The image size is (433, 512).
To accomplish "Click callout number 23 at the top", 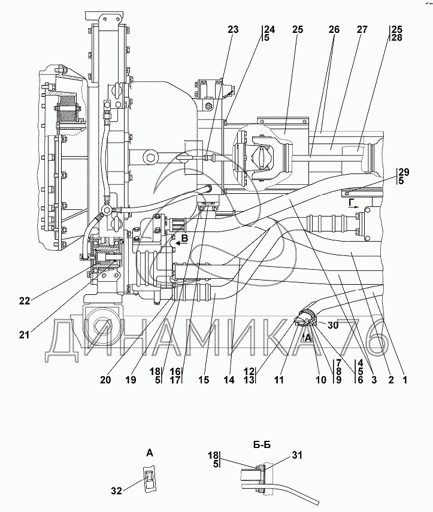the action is [233, 30].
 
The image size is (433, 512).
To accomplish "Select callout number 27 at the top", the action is [362, 30].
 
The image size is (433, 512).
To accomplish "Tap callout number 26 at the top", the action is [334, 30].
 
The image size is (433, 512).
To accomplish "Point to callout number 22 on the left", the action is [25, 301].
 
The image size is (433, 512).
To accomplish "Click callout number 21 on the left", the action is [24, 334].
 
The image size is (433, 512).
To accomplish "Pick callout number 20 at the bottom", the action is [105, 380].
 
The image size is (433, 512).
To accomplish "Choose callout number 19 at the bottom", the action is [131, 380].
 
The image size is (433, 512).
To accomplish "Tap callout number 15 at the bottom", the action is [204, 380].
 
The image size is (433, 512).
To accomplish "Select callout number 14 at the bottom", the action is [229, 380].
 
